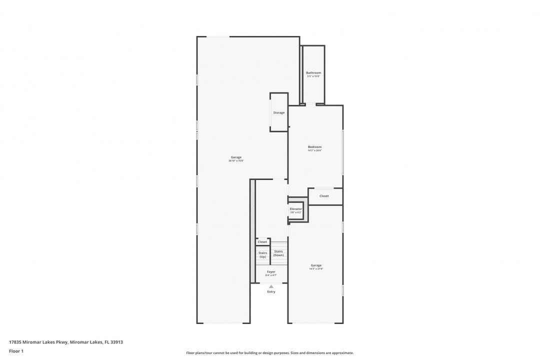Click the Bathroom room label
[313, 72]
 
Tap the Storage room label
[279, 112]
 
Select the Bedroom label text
[314, 146]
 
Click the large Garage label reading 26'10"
[236, 157]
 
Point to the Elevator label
[296, 208]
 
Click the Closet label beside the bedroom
[324, 196]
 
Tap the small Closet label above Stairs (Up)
[262, 241]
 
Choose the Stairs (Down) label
[278, 253]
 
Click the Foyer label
[271, 271]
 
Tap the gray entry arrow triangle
[271, 286]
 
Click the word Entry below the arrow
[271, 291]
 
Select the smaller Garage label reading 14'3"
[316, 265]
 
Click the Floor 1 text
[16, 351]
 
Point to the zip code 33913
[116, 342]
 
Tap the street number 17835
[15, 342]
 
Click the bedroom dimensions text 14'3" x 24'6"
[314, 150]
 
